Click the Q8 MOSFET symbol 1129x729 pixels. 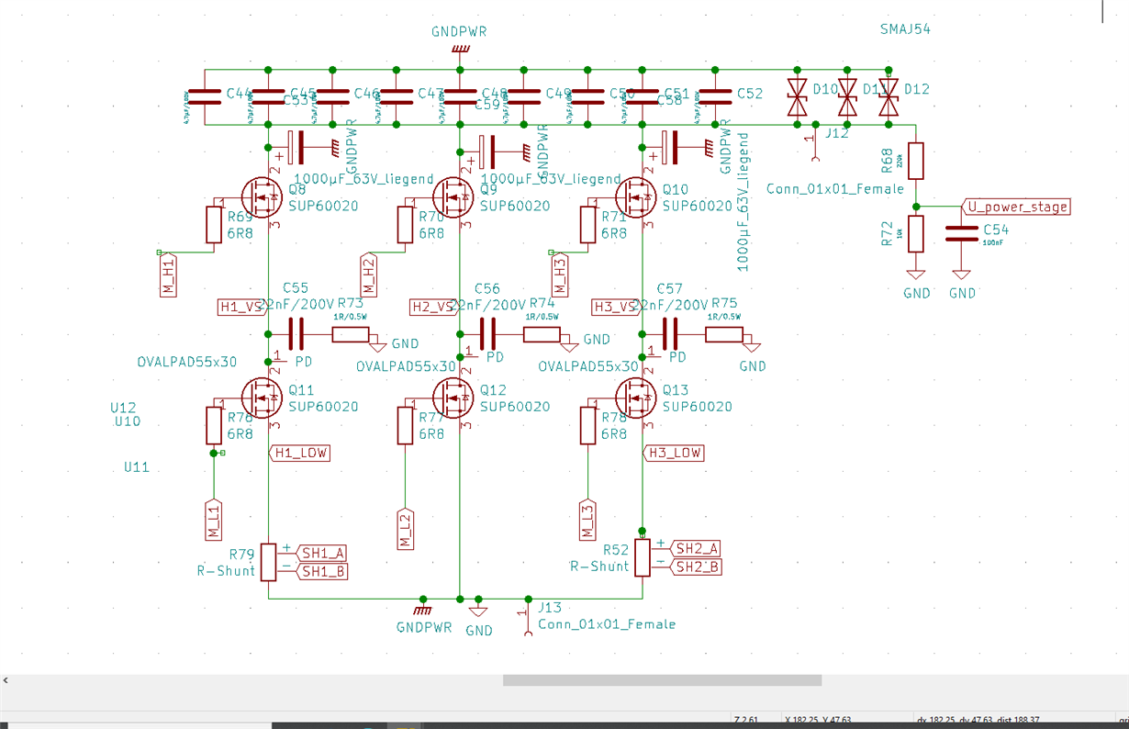click(262, 196)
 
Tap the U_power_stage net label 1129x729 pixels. click(1016, 207)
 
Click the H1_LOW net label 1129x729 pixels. click(299, 453)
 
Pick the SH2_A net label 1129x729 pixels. click(697, 548)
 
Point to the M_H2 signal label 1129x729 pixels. click(368, 275)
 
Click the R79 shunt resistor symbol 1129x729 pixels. click(269, 561)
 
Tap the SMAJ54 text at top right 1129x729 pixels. click(905, 29)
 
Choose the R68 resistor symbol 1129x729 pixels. click(915, 161)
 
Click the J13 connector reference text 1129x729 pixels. click(551, 608)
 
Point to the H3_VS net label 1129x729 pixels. click(614, 307)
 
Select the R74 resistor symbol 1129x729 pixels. click(542, 334)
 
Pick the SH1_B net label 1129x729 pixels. click(322, 571)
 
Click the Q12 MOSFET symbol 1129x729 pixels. click(453, 398)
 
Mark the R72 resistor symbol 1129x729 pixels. click(915, 232)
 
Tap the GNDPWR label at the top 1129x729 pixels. click(459, 31)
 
